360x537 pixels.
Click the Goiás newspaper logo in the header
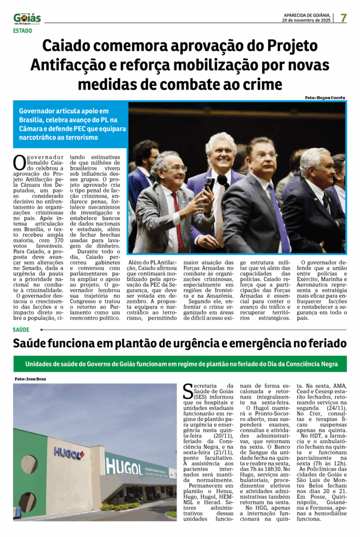pyautogui.click(x=27, y=18)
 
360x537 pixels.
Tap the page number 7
pyautogui.click(x=343, y=17)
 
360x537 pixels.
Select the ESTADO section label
pyautogui.click(x=23, y=31)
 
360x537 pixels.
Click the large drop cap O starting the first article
pyautogui.click(x=19, y=162)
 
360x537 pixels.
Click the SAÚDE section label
pyautogui.click(x=21, y=330)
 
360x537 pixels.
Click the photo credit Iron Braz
pyautogui.click(x=30, y=379)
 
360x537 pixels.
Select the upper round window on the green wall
pyautogui.click(x=29, y=464)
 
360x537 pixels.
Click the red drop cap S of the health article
pyautogui.click(x=188, y=391)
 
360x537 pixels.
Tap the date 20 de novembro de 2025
pyautogui.click(x=306, y=20)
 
